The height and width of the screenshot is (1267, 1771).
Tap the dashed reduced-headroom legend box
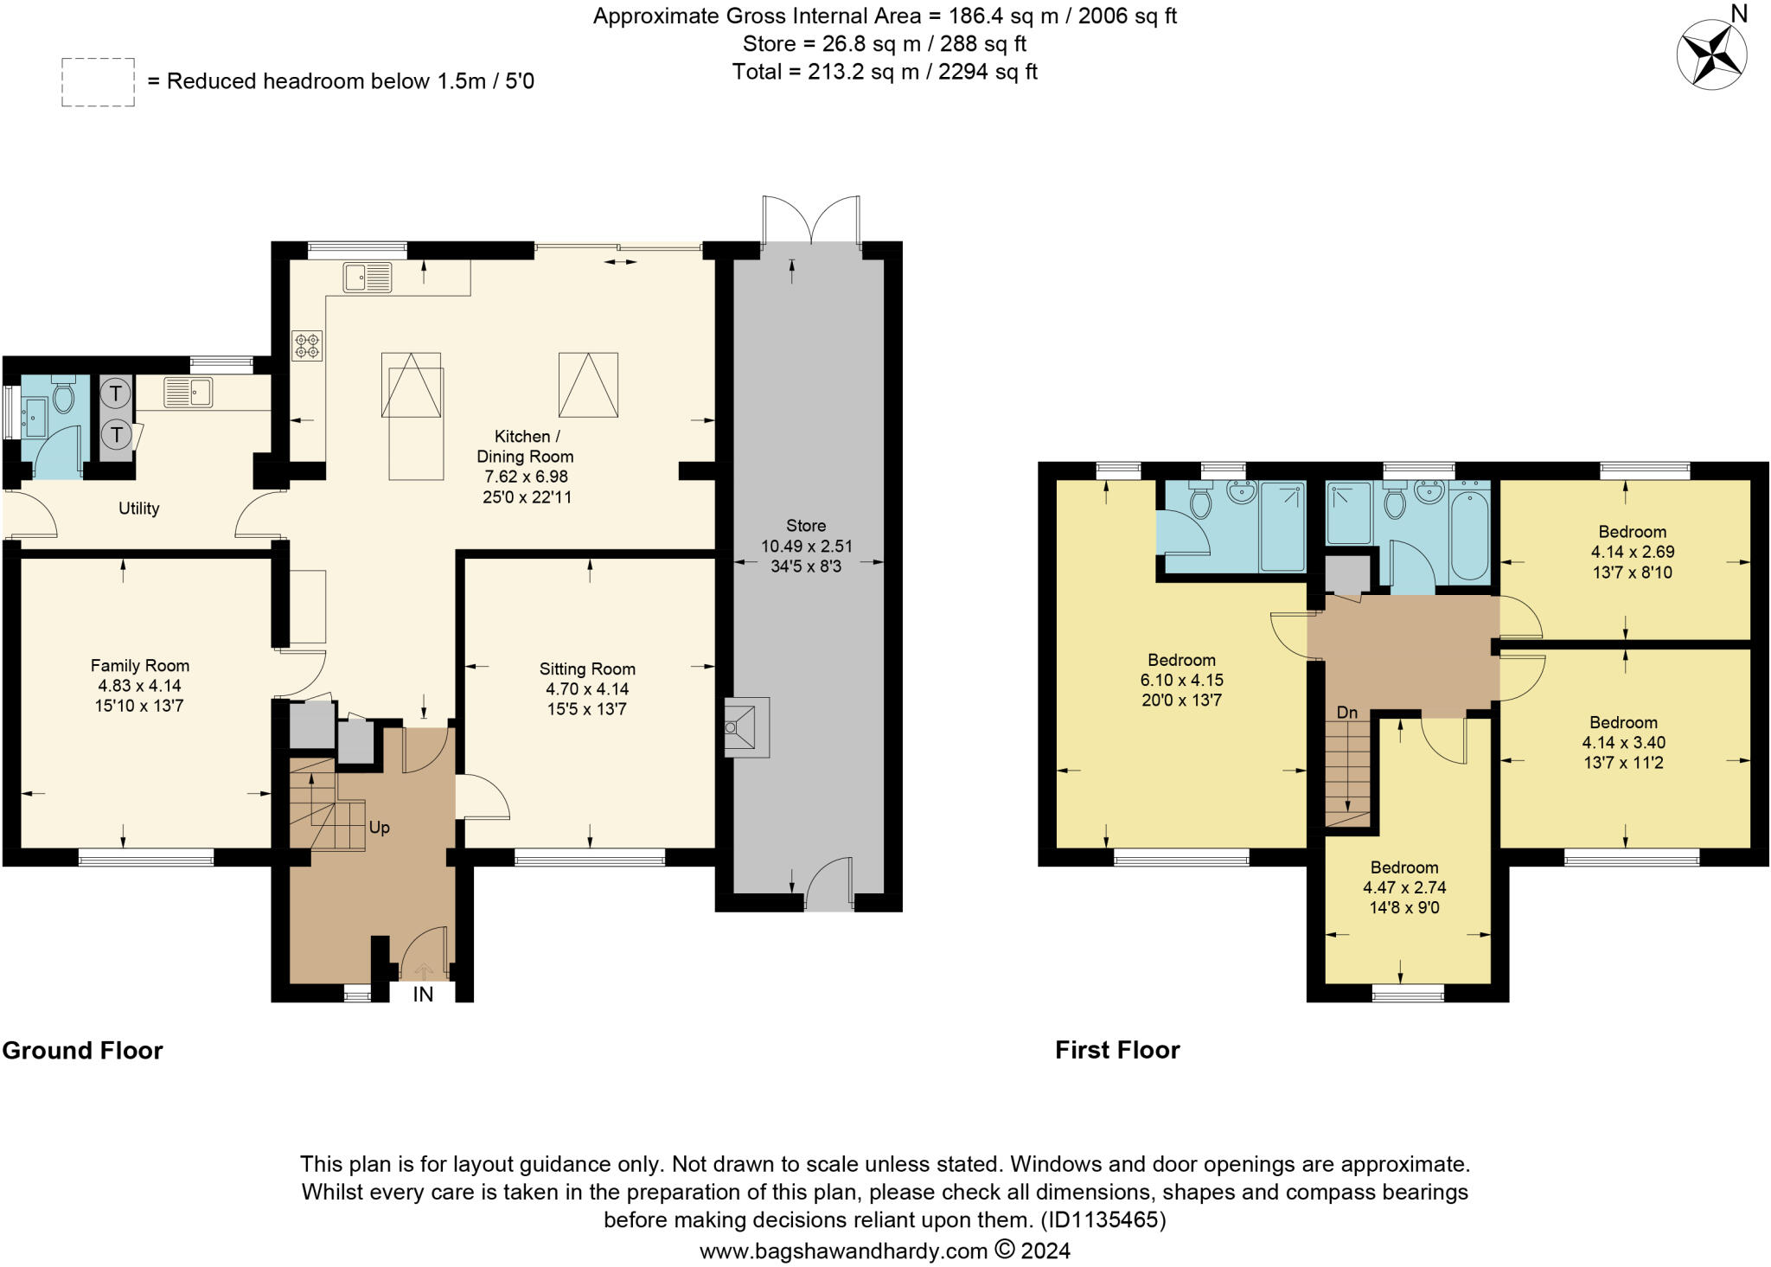(98, 82)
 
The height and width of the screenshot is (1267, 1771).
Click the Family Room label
(139, 666)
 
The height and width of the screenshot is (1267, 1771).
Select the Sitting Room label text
(587, 669)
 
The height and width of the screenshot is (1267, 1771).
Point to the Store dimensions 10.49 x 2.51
(806, 546)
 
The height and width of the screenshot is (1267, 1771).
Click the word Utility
(138, 509)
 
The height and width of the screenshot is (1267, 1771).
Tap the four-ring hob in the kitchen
(307, 346)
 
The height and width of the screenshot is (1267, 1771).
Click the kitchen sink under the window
(367, 277)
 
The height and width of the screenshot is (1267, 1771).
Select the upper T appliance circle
(115, 394)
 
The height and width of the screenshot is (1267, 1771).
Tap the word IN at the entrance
(423, 995)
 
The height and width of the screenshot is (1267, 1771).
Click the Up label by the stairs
(380, 828)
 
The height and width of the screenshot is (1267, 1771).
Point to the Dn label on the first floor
(1347, 713)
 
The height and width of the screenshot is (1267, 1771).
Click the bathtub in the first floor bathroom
(1469, 535)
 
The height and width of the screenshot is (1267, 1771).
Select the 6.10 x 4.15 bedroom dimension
(1181, 680)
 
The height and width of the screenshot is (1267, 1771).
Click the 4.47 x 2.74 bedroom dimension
(1404, 887)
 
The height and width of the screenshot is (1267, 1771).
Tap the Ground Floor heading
(82, 1050)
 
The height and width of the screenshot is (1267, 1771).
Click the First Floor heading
(1117, 1050)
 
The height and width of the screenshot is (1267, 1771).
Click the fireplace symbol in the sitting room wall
(744, 727)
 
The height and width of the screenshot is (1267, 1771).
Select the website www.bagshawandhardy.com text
(843, 1251)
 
